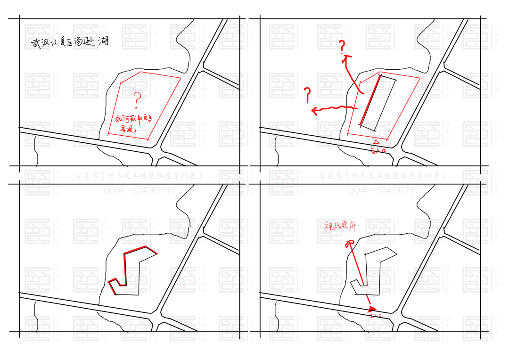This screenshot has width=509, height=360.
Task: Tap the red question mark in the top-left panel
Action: tap(137, 99)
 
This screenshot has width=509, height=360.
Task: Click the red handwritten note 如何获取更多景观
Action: tap(133, 123)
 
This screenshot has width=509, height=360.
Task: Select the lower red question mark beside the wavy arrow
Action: tap(308, 95)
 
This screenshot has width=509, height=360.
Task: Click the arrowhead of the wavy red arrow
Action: tap(314, 111)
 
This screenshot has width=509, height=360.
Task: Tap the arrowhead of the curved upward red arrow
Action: tap(347, 58)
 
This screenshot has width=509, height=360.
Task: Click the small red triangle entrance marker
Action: tap(376, 142)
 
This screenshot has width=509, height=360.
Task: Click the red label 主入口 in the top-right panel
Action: tap(378, 151)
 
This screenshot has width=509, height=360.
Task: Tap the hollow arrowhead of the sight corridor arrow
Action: tap(349, 244)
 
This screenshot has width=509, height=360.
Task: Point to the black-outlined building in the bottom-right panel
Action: tap(375, 271)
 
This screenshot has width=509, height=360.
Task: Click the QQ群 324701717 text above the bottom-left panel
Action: tap(139, 191)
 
